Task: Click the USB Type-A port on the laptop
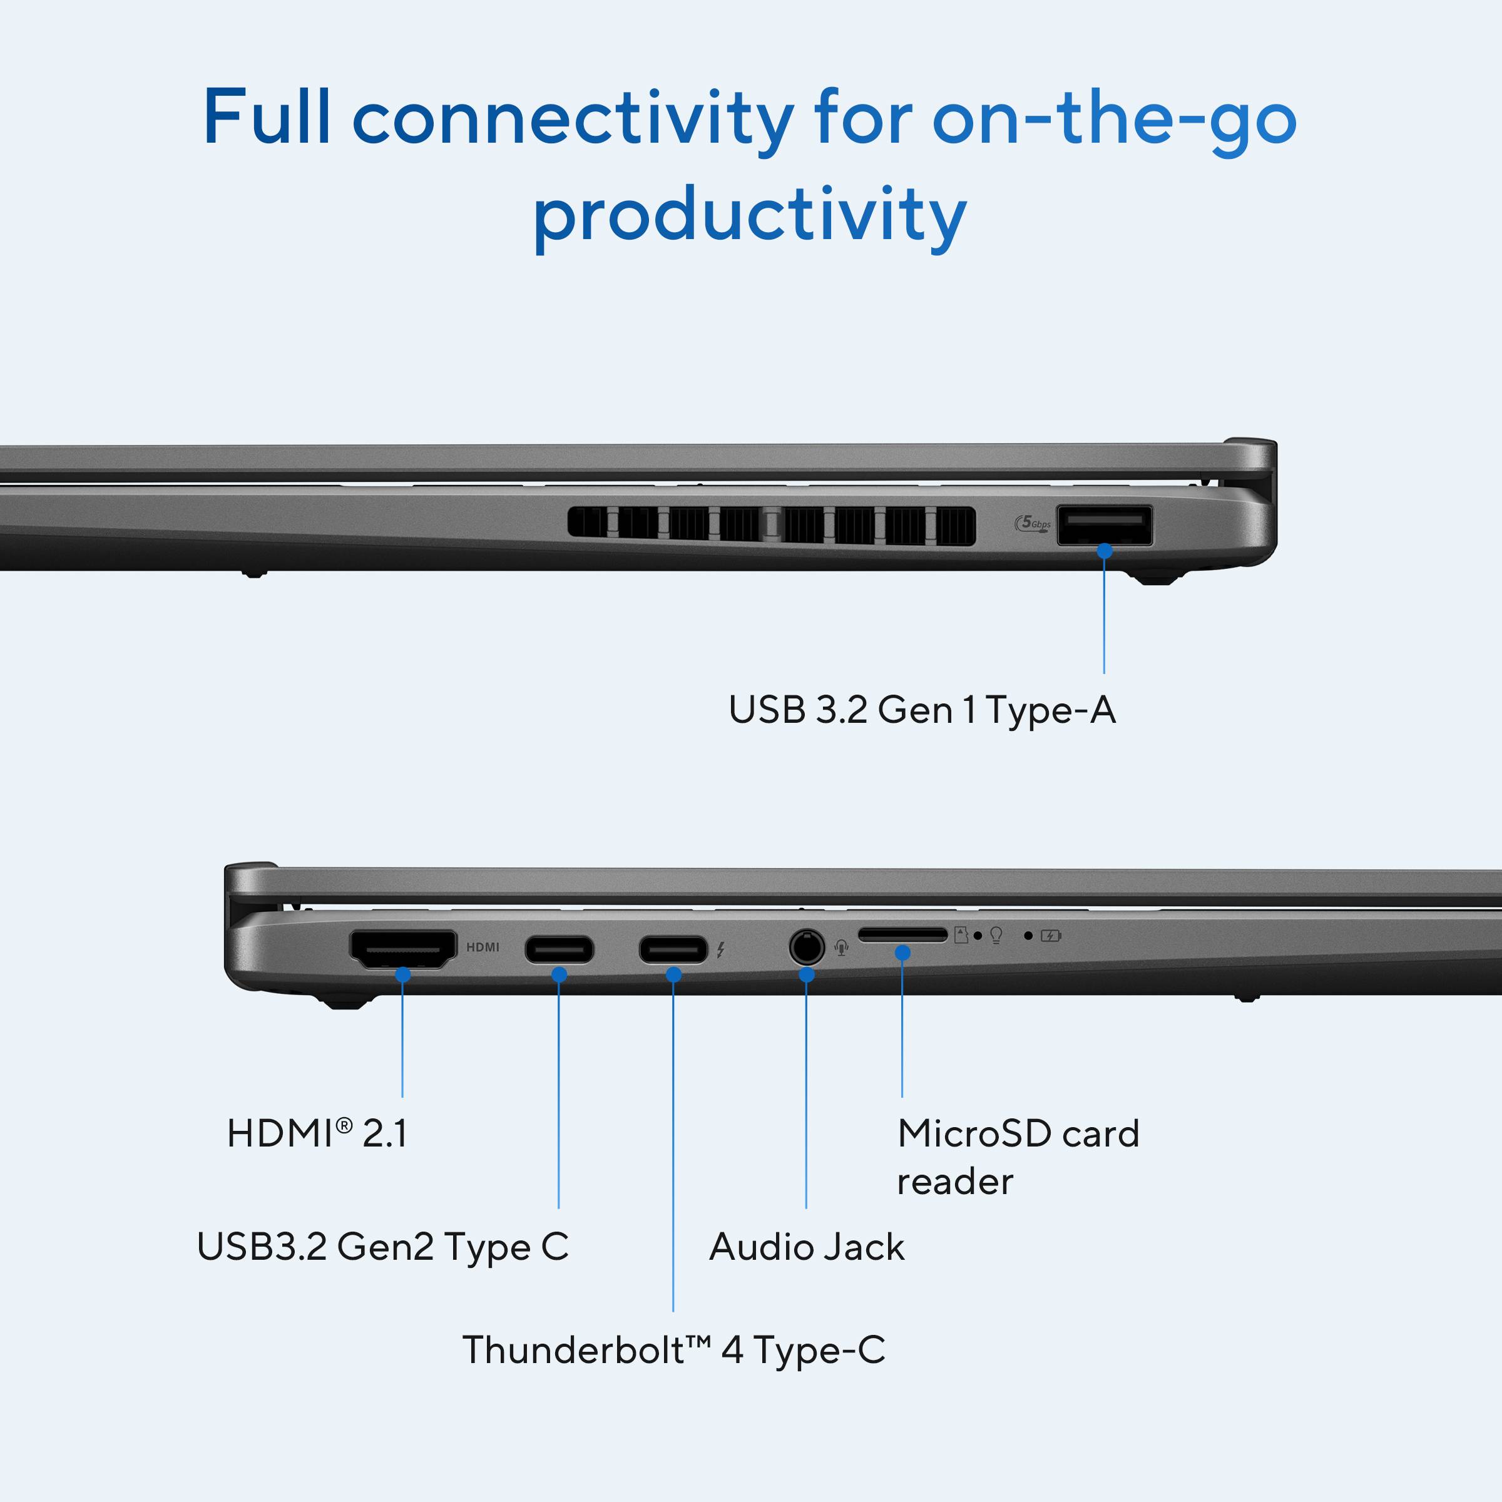pyautogui.click(x=1104, y=526)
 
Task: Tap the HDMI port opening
pyautogui.click(x=402, y=949)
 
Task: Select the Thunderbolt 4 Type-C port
pyautogui.click(x=673, y=950)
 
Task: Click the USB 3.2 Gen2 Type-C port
pyautogui.click(x=559, y=950)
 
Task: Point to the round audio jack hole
pyautogui.click(x=806, y=948)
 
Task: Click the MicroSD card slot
pyautogui.click(x=902, y=934)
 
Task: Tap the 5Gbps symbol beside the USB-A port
pyautogui.click(x=1033, y=523)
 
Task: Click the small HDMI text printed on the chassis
pyautogui.click(x=483, y=947)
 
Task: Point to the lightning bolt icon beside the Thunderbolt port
pyautogui.click(x=721, y=949)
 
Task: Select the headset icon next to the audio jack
pyautogui.click(x=841, y=948)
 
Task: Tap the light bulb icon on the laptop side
pyautogui.click(x=996, y=935)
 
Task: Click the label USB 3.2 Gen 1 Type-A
pyautogui.click(x=922, y=710)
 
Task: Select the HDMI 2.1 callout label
pyautogui.click(x=317, y=1133)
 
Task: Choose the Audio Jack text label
pyautogui.click(x=807, y=1247)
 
